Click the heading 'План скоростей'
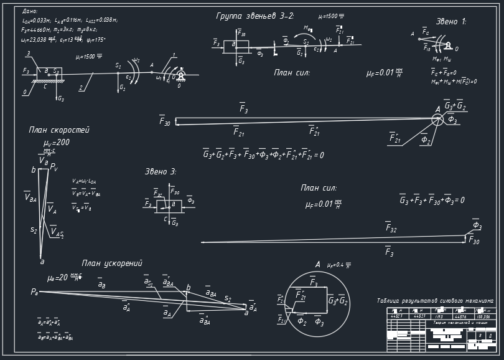coord(59,130)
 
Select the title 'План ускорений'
coord(112,263)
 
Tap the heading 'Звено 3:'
coord(161,171)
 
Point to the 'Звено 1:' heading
coord(450,21)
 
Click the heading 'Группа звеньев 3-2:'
coord(254,16)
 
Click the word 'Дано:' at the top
coord(30,11)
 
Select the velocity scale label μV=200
coord(57,143)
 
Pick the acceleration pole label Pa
coord(35,291)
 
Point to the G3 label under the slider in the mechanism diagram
coord(60,98)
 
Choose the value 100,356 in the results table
coord(482,316)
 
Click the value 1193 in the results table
coord(439,316)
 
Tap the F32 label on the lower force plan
coord(391,229)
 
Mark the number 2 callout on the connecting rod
coord(81,88)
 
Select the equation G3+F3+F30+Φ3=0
coord(432,201)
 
